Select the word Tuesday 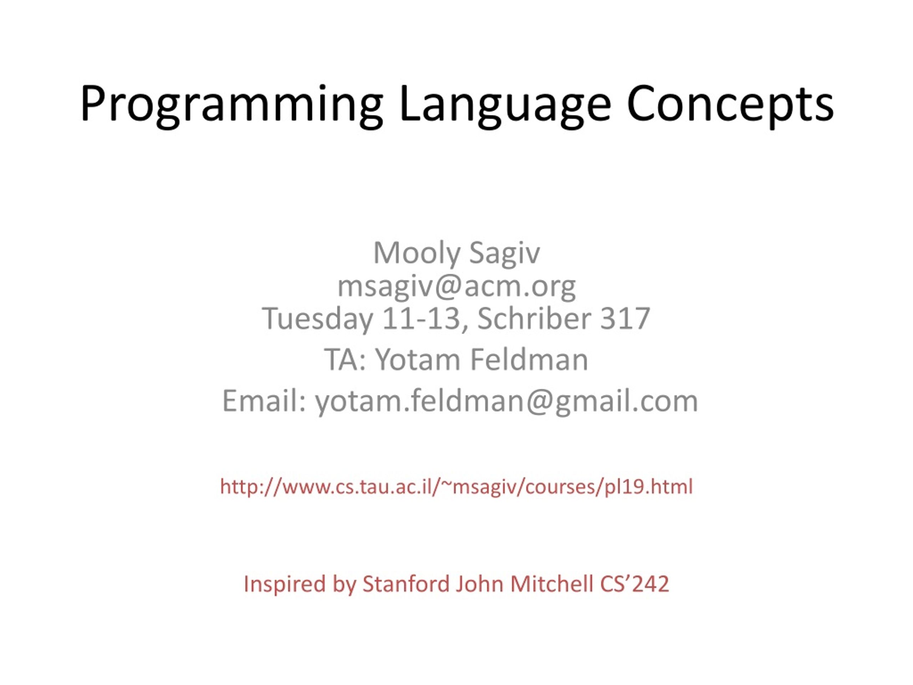[x=317, y=318]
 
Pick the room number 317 [x=625, y=318]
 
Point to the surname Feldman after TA [x=529, y=360]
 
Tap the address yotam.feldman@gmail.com [x=506, y=401]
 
